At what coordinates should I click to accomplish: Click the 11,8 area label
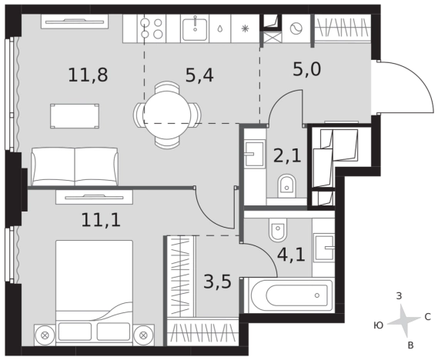88,75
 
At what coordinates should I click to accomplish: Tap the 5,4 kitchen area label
199,75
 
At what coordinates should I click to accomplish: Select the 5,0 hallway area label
306,69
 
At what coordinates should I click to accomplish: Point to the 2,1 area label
287,155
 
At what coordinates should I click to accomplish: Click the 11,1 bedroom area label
101,219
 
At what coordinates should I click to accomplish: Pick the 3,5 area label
218,282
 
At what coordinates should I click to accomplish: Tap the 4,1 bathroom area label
291,255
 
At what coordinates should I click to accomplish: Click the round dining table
167,115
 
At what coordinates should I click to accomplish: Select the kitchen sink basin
195,28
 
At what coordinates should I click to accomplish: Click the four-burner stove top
152,28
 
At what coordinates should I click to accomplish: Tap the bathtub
289,295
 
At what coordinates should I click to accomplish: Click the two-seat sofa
75,167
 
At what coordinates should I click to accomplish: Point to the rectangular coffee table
75,116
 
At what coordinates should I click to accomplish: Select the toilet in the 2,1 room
286,186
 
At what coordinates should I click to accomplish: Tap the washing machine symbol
296,28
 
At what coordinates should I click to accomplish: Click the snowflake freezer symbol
245,28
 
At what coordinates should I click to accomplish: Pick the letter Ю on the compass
378,325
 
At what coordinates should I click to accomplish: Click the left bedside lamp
45,335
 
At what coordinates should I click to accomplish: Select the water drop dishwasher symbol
220,28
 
